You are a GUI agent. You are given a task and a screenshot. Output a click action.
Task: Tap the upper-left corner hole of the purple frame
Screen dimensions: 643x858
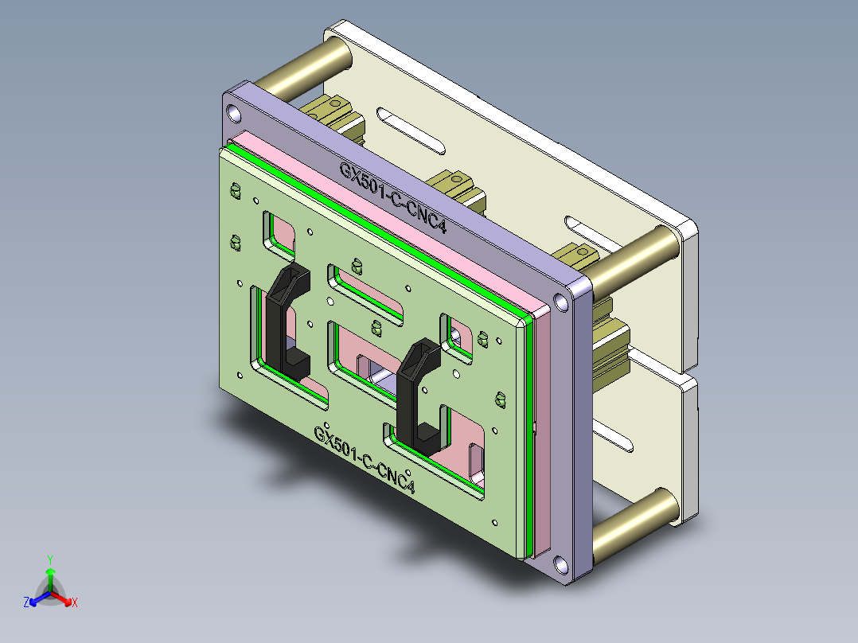pos(232,111)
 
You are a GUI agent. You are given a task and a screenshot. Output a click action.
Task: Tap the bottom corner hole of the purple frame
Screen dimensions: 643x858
pos(563,566)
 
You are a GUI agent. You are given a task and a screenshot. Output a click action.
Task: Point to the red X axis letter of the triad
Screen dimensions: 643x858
pos(75,602)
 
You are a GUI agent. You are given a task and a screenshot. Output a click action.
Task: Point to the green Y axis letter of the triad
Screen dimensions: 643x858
pos(50,559)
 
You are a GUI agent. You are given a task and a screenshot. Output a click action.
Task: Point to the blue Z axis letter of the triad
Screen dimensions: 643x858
pos(26,602)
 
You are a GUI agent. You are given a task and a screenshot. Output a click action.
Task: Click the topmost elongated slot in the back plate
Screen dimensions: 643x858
pos(412,131)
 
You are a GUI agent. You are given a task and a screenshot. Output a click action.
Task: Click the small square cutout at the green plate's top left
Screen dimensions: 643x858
pos(280,231)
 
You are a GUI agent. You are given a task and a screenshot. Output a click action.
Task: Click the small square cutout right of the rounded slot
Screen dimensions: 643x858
pos(458,333)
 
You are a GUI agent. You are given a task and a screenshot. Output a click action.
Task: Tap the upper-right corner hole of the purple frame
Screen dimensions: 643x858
pos(562,301)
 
